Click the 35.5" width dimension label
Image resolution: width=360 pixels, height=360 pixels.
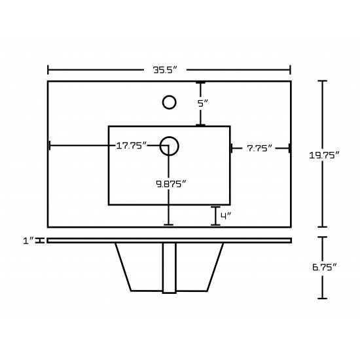[166, 70]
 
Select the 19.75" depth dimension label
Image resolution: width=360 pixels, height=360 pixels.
[324, 155]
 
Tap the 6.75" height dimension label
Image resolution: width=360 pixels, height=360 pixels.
[325, 267]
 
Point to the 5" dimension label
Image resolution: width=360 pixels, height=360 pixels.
[203, 103]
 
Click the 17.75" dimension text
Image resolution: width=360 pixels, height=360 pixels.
[132, 145]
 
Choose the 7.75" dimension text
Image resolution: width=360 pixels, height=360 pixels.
[259, 148]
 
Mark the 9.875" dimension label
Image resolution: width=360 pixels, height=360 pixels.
[171, 184]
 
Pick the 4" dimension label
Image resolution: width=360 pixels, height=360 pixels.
[226, 216]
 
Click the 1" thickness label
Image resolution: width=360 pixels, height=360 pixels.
[28, 241]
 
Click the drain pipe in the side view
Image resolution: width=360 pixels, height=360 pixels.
[170, 268]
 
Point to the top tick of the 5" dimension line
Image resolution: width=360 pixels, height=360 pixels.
[200, 82]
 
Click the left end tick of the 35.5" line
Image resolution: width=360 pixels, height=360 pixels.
[48, 70]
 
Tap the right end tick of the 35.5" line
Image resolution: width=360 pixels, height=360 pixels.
[291, 70]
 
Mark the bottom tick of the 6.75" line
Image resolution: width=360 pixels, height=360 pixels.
[322, 298]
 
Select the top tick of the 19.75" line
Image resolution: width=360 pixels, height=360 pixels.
[322, 81]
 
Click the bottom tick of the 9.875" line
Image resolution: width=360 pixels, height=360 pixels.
[168, 225]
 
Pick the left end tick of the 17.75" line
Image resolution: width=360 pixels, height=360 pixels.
[50, 145]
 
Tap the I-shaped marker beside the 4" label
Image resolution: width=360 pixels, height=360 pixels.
[215, 216]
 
